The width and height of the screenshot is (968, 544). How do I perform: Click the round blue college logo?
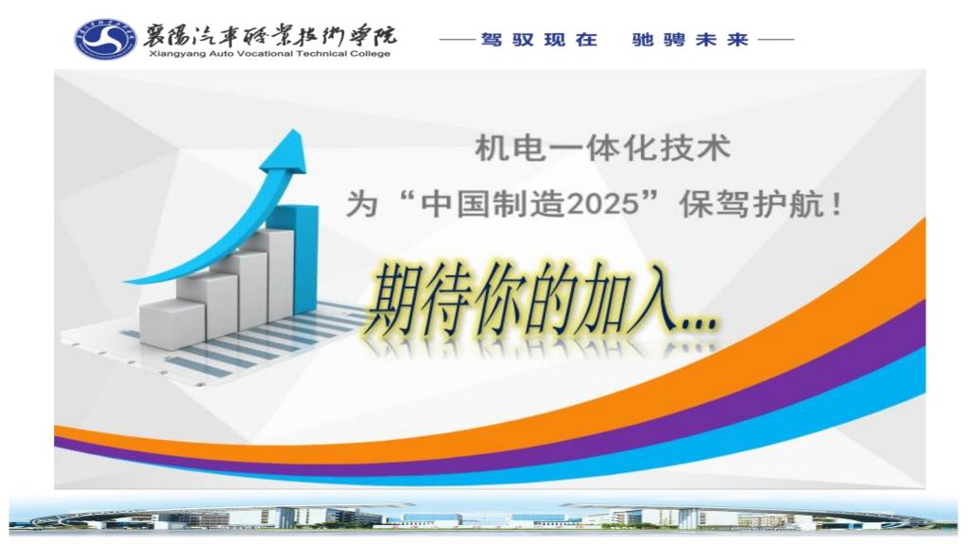tap(106, 39)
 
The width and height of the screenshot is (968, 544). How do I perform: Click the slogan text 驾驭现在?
tap(540, 40)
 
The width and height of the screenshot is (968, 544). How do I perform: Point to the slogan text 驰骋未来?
tap(690, 40)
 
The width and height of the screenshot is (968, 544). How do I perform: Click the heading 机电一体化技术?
tap(602, 149)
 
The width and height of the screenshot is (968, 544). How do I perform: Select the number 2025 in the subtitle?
tap(601, 204)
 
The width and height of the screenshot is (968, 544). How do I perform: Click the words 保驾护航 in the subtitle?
tap(751, 204)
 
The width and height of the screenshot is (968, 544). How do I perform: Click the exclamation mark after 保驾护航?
tap(837, 204)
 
